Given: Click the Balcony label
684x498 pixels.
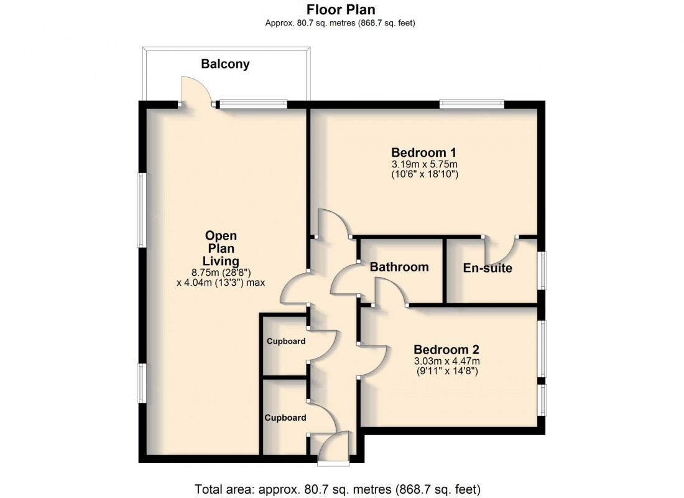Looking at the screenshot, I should [225, 63].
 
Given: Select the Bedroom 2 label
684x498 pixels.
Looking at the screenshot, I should [446, 349].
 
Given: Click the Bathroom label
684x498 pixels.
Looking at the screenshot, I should [399, 267].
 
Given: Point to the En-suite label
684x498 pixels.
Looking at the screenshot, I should [488, 268].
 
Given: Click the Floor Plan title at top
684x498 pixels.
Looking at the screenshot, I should [341, 9].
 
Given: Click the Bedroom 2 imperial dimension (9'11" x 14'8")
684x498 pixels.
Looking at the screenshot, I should [447, 372].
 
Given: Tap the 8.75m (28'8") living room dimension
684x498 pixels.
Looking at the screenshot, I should [221, 272].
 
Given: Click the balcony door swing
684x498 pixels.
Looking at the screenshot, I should [195, 91].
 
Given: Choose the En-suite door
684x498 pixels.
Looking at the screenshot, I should [501, 250].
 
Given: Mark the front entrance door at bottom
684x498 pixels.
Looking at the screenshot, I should [333, 447].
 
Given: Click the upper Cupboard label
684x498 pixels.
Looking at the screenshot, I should [286, 341].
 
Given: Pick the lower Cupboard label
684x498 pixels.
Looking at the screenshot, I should [286, 418].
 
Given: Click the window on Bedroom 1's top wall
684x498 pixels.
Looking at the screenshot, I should [471, 104].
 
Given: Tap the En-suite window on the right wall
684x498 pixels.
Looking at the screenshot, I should [543, 270].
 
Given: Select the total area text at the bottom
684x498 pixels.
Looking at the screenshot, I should [338, 489].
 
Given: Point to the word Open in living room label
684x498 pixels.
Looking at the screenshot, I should [221, 236].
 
